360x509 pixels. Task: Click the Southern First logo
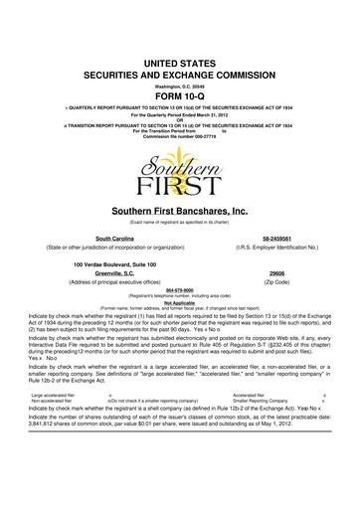[180, 168]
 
